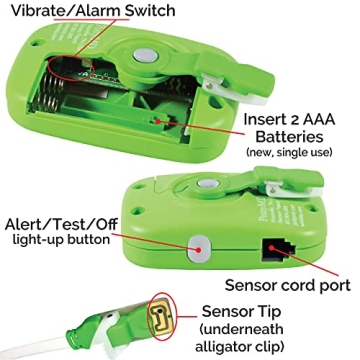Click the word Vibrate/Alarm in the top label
[64, 12]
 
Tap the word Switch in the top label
[151, 12]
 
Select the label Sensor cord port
[286, 284]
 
